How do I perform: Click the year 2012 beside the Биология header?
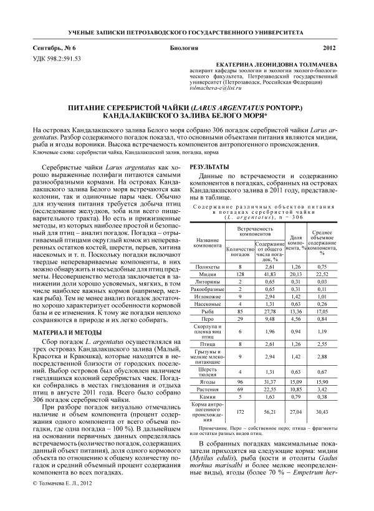pyautogui.click(x=329, y=48)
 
